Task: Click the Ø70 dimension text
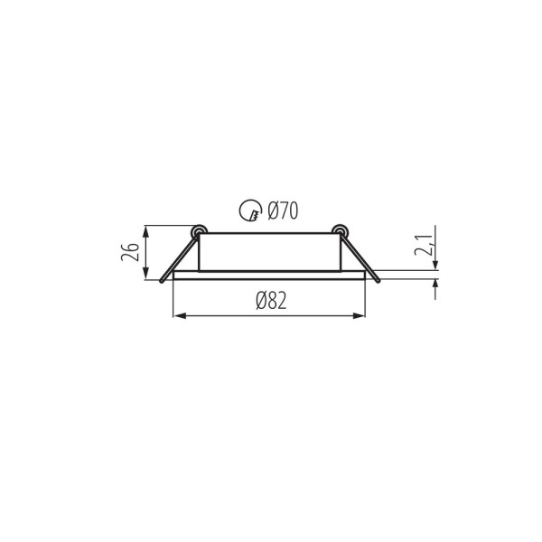pyautogui.click(x=281, y=213)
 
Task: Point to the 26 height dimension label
pyautogui.click(x=131, y=252)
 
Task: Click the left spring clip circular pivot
pyautogui.click(x=197, y=231)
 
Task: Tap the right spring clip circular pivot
pyautogui.click(x=341, y=231)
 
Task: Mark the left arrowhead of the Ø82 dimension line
pyautogui.click(x=177, y=315)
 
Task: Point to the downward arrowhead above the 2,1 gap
pyautogui.click(x=435, y=265)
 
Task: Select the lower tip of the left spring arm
pyautogui.click(x=163, y=282)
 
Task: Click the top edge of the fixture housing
pyautogui.click(x=269, y=233)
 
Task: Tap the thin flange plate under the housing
pyautogui.click(x=269, y=273)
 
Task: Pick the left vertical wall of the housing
pyautogui.click(x=199, y=253)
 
